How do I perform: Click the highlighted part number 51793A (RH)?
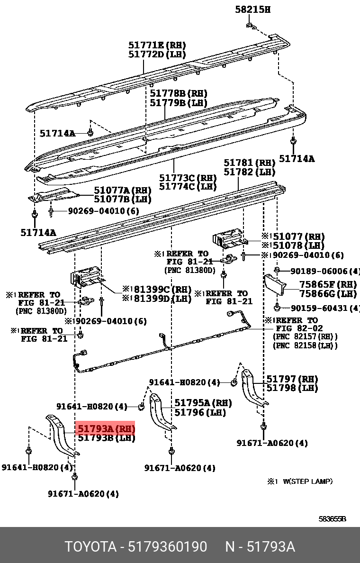click(106, 429)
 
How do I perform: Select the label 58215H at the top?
click(252, 9)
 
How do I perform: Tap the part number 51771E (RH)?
click(157, 45)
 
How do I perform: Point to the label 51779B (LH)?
click(179, 102)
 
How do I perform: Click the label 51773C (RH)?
click(188, 178)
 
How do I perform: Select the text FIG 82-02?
click(299, 328)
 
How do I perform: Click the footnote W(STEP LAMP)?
click(307, 481)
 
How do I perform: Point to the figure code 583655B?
click(332, 519)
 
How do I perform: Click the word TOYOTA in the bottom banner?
click(90, 547)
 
